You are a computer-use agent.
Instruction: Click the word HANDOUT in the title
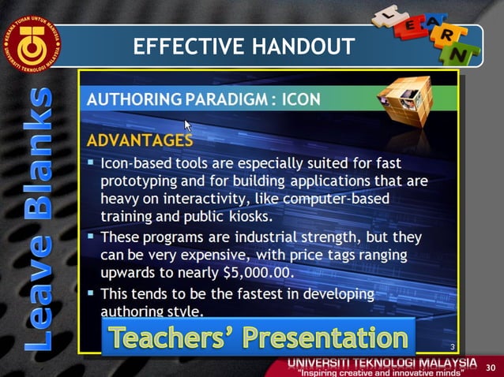[303, 47]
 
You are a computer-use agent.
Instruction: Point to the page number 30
[490, 368]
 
